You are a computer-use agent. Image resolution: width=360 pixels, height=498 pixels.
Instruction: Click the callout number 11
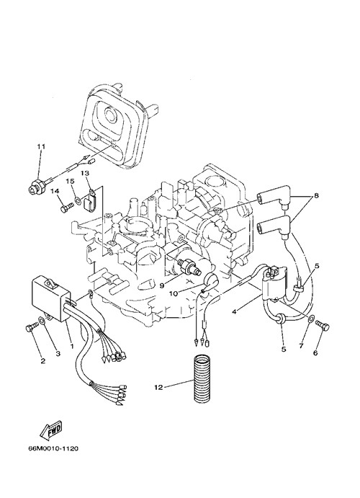pos(41,147)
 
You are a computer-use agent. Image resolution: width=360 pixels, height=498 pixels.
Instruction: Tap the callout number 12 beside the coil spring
pos(158,387)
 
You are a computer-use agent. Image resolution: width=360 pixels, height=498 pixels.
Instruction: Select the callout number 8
pos(316,195)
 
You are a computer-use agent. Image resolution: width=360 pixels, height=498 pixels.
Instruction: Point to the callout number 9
pos(162,285)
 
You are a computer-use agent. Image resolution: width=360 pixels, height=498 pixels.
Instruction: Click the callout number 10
pos(174,294)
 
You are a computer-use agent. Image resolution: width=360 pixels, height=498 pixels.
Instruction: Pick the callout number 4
pos(234,312)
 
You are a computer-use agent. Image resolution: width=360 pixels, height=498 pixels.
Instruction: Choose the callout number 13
pos(85,173)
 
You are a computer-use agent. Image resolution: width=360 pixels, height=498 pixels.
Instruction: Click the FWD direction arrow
pos(50,431)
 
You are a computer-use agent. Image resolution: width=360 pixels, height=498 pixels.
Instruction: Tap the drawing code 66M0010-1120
pos(53,449)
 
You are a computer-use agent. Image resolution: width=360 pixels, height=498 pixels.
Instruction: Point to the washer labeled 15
pos(78,200)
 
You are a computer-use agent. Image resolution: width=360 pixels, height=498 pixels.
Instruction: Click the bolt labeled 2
pos(32,326)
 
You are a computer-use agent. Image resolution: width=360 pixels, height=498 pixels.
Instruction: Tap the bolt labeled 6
pos(323,326)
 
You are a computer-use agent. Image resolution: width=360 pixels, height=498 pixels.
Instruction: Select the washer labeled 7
pos(312,318)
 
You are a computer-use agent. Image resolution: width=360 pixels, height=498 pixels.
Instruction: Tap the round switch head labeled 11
pos(35,190)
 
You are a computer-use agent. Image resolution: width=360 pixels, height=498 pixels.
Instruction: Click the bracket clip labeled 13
pos(89,201)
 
